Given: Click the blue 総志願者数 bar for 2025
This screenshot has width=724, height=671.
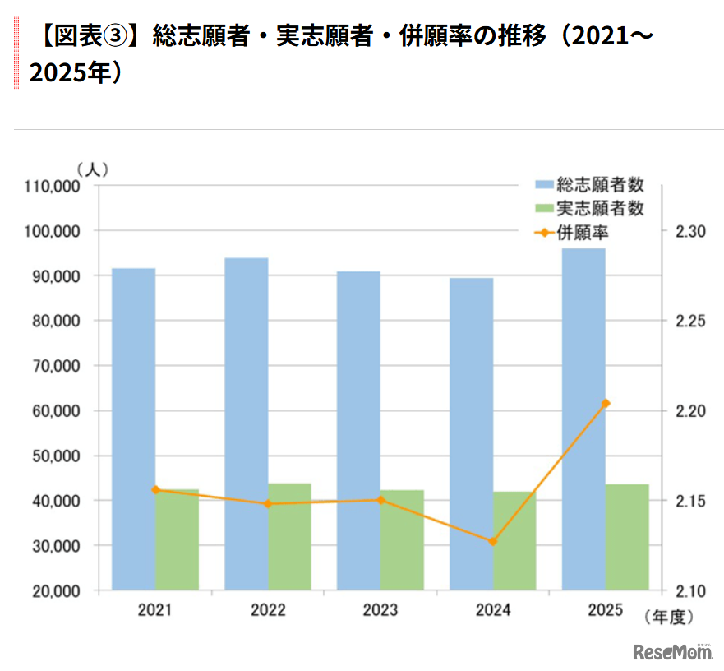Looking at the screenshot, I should click(x=583, y=419).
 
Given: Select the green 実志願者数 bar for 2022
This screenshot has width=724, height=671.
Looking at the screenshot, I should click(x=289, y=536).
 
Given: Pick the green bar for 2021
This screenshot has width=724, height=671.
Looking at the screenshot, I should click(x=177, y=539).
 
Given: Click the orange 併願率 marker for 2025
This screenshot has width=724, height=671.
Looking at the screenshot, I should click(x=606, y=403).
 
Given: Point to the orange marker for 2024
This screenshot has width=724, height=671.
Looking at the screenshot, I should click(x=493, y=542).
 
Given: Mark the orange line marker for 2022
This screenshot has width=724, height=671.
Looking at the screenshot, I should click(x=268, y=503).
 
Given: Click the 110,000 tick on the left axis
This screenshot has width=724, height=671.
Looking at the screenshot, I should click(x=53, y=187).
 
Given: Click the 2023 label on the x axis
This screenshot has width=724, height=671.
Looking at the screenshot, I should click(x=380, y=610).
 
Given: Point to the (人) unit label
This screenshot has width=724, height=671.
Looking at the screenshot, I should click(x=92, y=169).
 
